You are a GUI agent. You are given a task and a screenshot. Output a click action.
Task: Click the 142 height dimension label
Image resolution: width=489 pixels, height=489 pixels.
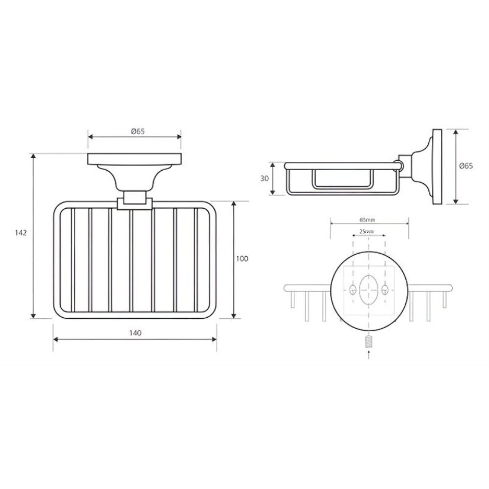21,233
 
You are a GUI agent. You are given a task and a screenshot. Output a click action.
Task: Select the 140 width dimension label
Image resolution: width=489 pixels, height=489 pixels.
135,333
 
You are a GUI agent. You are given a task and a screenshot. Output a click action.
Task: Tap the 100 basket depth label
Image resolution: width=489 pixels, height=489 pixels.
242,259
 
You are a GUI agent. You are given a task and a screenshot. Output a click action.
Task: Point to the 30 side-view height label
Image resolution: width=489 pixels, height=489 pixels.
265,178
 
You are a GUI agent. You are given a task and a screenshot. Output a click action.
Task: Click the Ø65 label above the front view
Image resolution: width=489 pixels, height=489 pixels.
138,131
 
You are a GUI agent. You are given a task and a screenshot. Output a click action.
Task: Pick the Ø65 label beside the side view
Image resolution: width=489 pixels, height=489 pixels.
466,166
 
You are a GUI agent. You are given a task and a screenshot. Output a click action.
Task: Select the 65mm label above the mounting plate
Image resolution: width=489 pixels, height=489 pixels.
367,220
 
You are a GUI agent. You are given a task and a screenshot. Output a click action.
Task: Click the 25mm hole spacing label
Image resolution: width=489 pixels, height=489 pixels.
366,232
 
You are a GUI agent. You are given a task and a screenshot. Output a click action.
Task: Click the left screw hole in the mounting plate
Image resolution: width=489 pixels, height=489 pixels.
353,289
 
